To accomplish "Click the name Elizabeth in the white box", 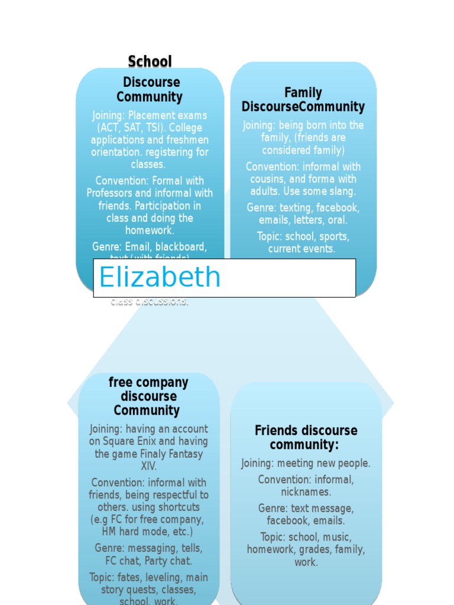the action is point(160,277).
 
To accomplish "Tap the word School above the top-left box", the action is point(150,61).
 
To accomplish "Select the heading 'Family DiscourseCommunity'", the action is point(303,100).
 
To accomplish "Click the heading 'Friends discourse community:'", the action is point(306,437).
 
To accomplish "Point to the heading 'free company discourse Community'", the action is point(148,396).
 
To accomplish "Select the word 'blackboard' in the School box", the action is point(180,246).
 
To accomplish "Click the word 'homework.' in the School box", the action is point(150,230).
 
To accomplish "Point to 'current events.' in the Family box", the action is point(301,249).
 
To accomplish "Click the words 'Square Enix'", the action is point(130,441).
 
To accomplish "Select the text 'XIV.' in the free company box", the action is point(149,466).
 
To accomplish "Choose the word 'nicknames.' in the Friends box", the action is point(306,492).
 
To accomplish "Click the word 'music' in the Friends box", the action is point(338,537).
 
